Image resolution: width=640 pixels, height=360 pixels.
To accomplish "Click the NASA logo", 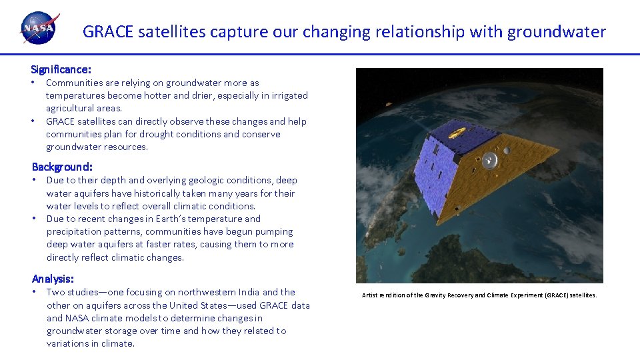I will click(x=39, y=29).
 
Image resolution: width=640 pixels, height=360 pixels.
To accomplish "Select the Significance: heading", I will click(x=61, y=69).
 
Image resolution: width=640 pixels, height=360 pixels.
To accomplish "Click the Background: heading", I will click(x=62, y=167).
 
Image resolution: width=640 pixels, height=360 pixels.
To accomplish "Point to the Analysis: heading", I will click(x=53, y=279).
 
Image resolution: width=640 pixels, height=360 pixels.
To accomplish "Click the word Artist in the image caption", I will click(x=371, y=295).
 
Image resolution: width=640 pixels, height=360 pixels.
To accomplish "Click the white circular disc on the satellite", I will click(x=489, y=159).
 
